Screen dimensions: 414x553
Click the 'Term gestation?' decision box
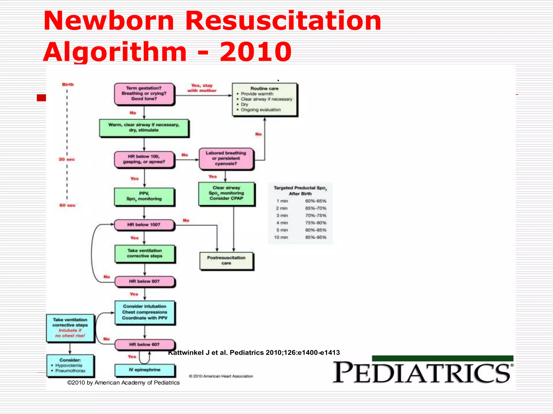[x=144, y=94]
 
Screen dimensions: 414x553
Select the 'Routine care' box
[x=264, y=99]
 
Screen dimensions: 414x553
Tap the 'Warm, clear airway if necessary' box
[x=144, y=128]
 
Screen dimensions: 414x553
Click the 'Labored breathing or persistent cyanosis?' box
[x=226, y=158]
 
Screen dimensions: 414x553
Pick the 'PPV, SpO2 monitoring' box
[x=144, y=196]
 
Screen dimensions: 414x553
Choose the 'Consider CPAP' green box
[x=226, y=194]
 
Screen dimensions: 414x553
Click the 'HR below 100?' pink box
[x=144, y=225]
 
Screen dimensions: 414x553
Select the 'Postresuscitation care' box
[x=226, y=261]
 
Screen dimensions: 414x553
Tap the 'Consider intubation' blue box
[x=145, y=312]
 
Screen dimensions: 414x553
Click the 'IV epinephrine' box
[x=145, y=370]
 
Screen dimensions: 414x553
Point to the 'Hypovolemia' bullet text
[x=69, y=365]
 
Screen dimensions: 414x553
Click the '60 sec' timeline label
[x=67, y=205]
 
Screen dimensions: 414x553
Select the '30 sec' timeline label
[x=66, y=159]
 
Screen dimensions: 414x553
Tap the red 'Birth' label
[x=68, y=85]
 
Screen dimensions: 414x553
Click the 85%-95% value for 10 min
[x=316, y=237]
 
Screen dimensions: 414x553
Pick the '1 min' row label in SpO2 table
[x=282, y=201]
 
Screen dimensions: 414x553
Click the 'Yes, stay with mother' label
[x=202, y=88]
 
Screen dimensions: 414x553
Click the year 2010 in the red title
[x=255, y=52]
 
